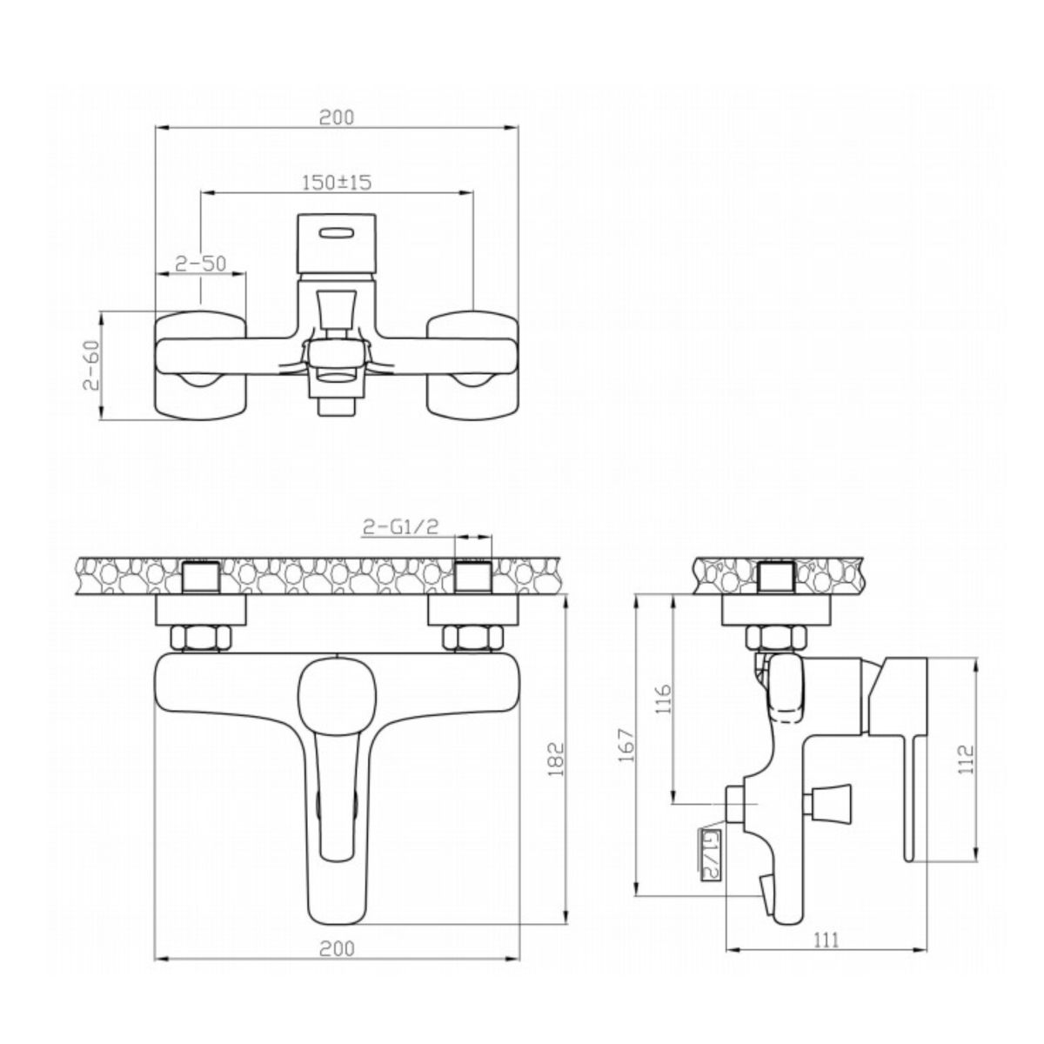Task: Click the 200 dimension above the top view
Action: point(336,117)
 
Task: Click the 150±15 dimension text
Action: point(337,182)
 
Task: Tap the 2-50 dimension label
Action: point(201,264)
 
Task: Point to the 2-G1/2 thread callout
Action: point(400,526)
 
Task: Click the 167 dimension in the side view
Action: point(626,746)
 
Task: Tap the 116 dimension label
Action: point(663,699)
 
